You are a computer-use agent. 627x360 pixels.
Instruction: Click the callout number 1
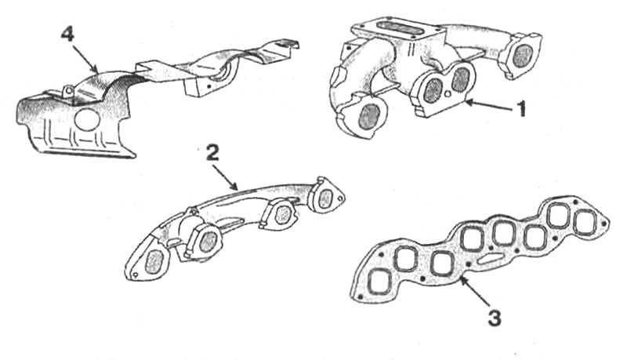[x=520, y=108]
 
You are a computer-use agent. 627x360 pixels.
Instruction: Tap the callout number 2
[x=212, y=153]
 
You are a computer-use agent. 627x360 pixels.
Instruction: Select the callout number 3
[x=495, y=318]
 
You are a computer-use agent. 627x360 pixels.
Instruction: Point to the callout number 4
[x=67, y=35]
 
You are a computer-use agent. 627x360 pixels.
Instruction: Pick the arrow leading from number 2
[x=226, y=176]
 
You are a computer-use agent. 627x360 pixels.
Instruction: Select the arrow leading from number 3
[x=475, y=292]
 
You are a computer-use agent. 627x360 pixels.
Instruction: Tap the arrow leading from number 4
[x=85, y=59]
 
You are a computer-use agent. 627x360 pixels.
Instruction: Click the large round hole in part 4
[x=87, y=118]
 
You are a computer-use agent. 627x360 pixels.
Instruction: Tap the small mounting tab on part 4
[x=67, y=90]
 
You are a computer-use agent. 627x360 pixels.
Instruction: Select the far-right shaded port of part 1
[x=523, y=55]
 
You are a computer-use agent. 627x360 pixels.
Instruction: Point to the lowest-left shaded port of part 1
[x=369, y=117]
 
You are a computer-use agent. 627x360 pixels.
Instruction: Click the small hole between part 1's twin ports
[x=448, y=94]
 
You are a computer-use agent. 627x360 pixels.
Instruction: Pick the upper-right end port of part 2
[x=326, y=198]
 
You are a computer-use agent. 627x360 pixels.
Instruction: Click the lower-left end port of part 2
[x=153, y=263]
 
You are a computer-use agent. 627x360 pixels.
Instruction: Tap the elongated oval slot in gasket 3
[x=490, y=258]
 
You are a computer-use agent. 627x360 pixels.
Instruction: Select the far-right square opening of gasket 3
[x=585, y=222]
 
